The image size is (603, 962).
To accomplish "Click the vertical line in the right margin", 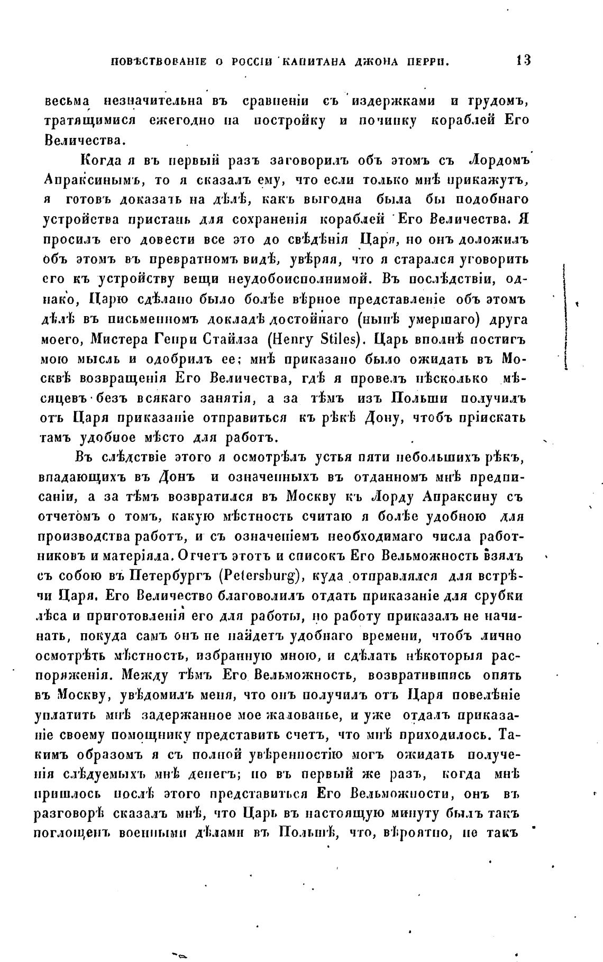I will (565, 317).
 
